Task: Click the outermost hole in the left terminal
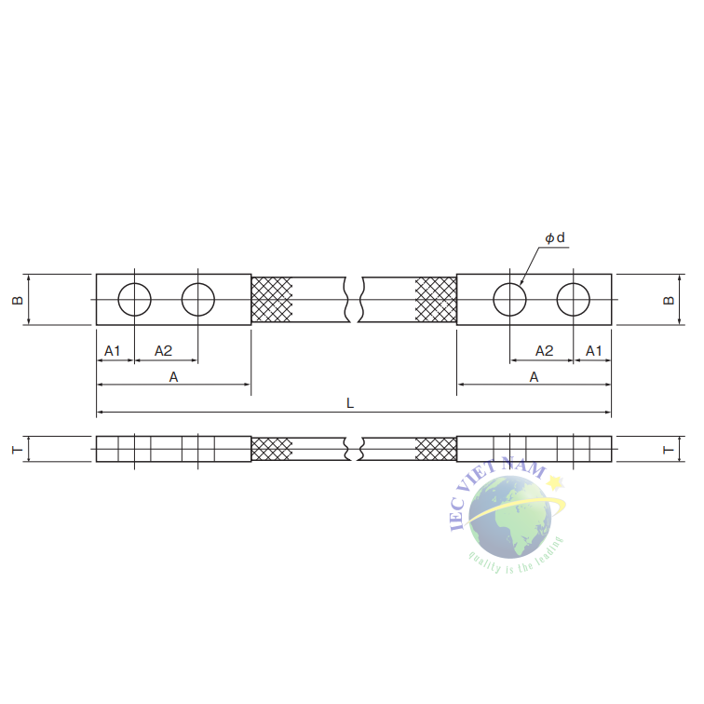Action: (135, 300)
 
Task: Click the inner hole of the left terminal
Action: (198, 300)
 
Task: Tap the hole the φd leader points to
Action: (509, 300)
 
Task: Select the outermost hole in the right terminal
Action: (573, 300)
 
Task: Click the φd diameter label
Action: (555, 238)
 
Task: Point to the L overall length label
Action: (350, 403)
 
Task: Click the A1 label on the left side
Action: (113, 350)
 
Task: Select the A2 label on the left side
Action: (163, 350)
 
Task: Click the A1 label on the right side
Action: (593, 350)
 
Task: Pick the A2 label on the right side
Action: (545, 350)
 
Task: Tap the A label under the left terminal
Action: (173, 376)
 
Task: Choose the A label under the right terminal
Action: (534, 376)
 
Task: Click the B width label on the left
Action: (16, 300)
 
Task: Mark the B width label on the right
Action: (667, 300)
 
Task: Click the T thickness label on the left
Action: (16, 449)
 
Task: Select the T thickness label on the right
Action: (667, 449)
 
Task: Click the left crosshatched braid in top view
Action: (272, 300)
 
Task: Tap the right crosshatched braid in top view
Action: (436, 300)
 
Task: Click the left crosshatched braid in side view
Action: (272, 449)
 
